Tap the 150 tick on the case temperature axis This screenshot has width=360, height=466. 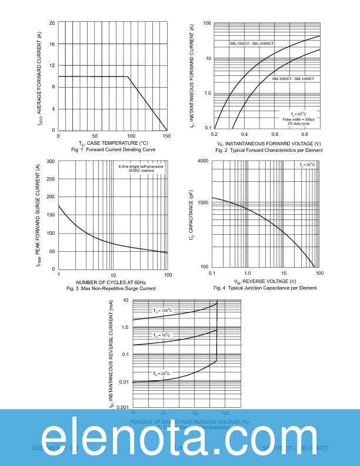(x=166, y=136)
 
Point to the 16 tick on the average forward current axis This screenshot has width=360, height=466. (x=52, y=44)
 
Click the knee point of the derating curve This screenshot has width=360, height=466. (x=128, y=76)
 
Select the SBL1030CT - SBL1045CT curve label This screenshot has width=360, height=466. (x=252, y=44)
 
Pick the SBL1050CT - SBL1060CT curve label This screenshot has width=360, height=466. (x=293, y=78)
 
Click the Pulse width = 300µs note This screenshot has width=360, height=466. (x=298, y=119)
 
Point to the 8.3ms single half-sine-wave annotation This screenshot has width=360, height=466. (x=141, y=167)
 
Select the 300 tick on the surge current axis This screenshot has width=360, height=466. (x=51, y=161)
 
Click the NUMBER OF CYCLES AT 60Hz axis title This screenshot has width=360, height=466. (x=111, y=283)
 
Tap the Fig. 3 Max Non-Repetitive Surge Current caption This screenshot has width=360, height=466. (x=111, y=289)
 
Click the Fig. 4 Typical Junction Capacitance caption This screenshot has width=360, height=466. (x=265, y=288)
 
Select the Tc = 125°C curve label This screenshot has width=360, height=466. (x=162, y=309)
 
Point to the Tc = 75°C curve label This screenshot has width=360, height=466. (x=162, y=335)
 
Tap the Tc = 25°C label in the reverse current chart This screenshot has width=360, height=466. (x=162, y=373)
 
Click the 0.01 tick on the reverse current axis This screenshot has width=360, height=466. (x=124, y=382)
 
